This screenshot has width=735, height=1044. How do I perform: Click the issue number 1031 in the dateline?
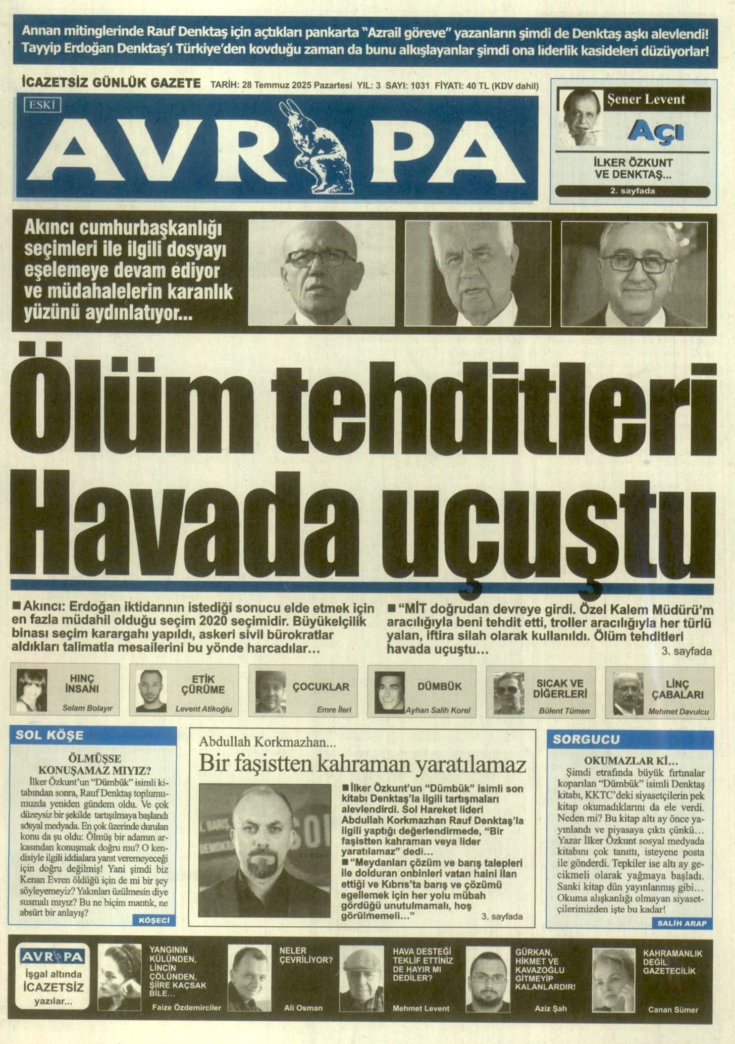point(420,86)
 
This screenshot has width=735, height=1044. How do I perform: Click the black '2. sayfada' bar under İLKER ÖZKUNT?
point(633,191)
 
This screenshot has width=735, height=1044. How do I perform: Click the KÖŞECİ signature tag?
point(155,921)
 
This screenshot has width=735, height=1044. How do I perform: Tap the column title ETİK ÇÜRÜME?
point(203,684)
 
